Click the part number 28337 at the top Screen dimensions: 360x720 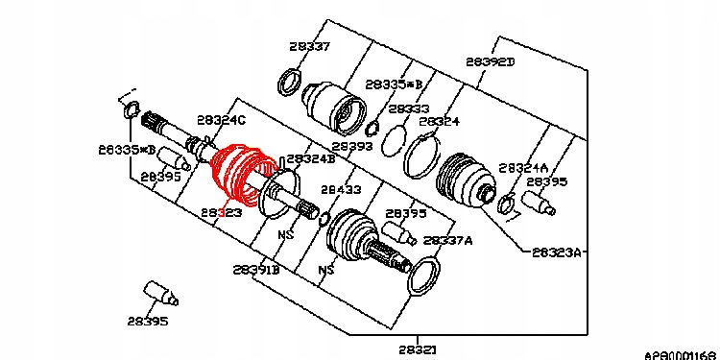coord(309,45)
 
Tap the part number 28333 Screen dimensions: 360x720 coord(409,109)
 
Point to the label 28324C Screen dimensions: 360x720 coord(221,120)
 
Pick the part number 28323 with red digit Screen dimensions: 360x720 coord(221,211)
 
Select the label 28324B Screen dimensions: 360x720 coord(311,158)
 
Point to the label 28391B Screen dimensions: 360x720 coord(256,270)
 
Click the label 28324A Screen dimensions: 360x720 coord(524,166)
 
